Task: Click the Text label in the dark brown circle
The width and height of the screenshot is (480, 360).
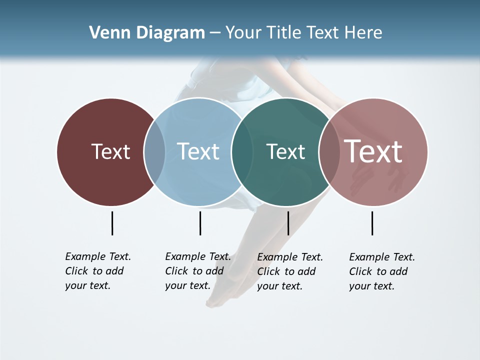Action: coord(110,151)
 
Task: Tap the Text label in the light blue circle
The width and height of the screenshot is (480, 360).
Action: coord(198,151)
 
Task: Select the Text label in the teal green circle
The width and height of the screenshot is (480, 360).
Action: coord(285,151)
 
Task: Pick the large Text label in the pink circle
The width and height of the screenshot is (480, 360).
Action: coord(373,151)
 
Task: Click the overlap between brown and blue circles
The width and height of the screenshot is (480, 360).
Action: coord(154,151)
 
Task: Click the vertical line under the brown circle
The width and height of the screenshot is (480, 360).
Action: coord(112,223)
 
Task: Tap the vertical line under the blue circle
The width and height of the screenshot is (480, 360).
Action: coord(200,223)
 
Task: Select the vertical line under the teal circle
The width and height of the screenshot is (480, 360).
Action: coord(288,223)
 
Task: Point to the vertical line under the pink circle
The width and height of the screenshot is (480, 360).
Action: coord(372,223)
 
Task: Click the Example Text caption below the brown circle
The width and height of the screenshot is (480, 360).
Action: coord(97,271)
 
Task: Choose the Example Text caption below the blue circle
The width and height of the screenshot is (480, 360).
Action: coord(197,271)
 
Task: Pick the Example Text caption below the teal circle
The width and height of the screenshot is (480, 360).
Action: coord(289,271)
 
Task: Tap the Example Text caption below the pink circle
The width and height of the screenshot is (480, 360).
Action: coord(381,271)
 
